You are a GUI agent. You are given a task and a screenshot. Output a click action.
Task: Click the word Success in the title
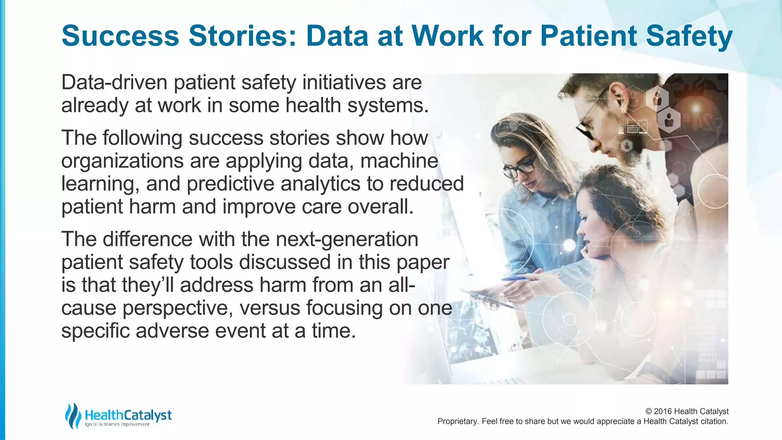pyautogui.click(x=120, y=36)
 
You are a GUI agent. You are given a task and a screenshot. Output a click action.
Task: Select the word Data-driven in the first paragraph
pyautogui.click(x=114, y=82)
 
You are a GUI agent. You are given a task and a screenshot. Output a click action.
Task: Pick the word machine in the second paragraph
pyautogui.click(x=399, y=161)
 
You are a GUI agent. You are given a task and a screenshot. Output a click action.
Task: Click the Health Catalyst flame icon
pyautogui.click(x=73, y=416)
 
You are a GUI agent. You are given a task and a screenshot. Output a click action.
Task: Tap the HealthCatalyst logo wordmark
pyautogui.click(x=128, y=415)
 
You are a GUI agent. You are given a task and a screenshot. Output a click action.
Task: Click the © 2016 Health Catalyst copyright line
pyautogui.click(x=687, y=411)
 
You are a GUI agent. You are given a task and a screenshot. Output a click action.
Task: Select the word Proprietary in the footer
pyautogui.click(x=457, y=422)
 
